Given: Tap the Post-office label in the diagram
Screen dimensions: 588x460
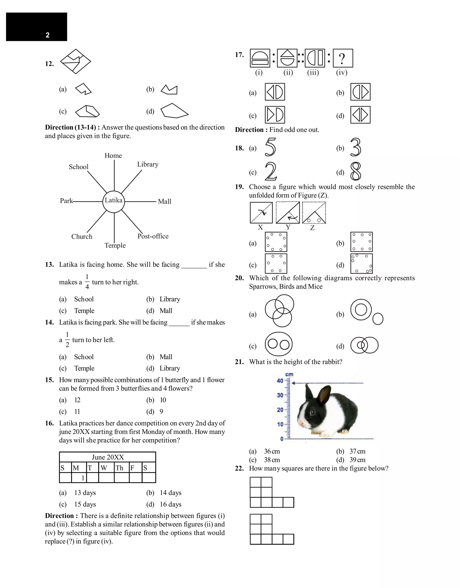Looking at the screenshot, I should pos(153,236).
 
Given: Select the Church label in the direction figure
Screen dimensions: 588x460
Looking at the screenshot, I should pos(82,237).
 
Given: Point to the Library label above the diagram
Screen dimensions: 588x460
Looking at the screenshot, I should pos(148,164).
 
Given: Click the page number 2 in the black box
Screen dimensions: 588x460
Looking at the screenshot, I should pos(48,35).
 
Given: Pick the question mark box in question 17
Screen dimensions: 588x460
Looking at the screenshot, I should pos(343,58).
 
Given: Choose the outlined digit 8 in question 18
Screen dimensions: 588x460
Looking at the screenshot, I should pos(356,171).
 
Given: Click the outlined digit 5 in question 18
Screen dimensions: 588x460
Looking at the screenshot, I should pos(270,147).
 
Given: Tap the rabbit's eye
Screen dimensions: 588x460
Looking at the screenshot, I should pos(312,412).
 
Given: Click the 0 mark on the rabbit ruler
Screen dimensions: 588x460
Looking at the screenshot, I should pos(282,439).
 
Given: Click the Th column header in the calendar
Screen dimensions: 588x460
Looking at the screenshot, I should pos(119,468).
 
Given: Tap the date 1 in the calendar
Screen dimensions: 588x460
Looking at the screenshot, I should pos(83,478).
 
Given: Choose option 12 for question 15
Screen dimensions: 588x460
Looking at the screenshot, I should pos(77,400).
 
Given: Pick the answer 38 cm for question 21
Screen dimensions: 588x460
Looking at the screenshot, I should pos(272,460).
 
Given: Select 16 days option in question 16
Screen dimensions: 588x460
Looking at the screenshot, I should pos(170,504).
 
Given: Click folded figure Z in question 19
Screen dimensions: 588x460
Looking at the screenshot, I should pos(314,213).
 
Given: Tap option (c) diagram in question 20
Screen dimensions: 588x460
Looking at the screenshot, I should pos(279,344).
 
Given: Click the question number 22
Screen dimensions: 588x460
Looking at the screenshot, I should pos(239,468).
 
